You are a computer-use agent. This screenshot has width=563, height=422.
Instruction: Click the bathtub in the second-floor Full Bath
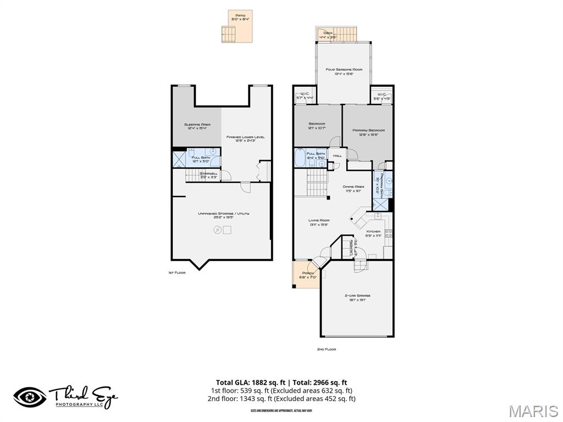pyautogui.click(x=300, y=158)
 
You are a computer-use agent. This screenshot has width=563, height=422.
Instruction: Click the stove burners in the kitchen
pyautogui.click(x=388, y=234)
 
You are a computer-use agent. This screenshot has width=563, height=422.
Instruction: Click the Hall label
pyautogui.click(x=338, y=156)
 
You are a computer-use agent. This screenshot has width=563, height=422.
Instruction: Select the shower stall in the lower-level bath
pyautogui.click(x=180, y=158)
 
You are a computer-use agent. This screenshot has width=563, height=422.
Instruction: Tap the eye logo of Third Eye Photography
pyautogui.click(x=30, y=397)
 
